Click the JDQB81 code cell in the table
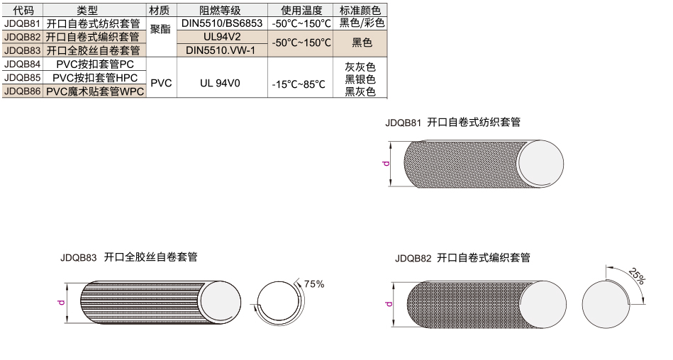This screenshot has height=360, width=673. coord(22,23)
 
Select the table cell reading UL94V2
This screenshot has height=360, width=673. coord(222,36)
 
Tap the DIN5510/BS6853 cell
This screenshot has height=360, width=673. coord(222,23)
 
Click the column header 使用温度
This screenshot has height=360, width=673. coord(300,11)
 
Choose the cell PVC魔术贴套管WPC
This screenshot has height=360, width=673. coord(94,91)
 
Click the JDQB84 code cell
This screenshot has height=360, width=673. coord(22,64)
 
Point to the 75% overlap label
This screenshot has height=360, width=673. coord(313,284)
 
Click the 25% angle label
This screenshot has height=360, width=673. coord(636,276)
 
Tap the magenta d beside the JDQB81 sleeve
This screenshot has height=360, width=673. coord(386,164)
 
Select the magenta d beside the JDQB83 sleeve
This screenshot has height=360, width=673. coord(62,302)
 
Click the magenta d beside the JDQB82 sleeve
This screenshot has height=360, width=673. coord(389,304)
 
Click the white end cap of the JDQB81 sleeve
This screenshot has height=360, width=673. coord(541,164)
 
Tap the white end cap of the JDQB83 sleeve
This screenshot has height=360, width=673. coord(220,302)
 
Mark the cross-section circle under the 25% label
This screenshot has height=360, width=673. coord(606,304)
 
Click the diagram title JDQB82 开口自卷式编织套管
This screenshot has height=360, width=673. coord(462,258)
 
